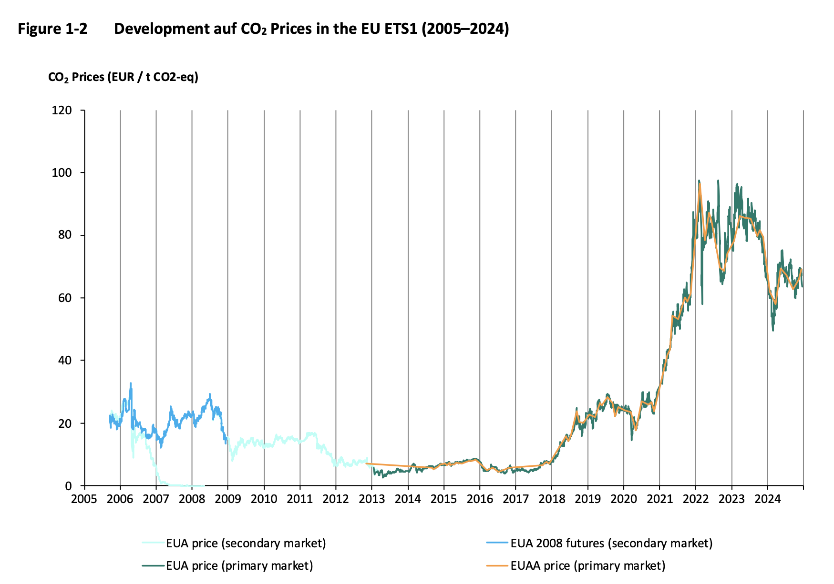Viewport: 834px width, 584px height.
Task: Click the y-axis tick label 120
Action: (x=62, y=111)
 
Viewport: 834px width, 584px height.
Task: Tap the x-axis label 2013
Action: (x=372, y=499)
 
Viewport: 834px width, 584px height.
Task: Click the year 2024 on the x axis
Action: (x=767, y=499)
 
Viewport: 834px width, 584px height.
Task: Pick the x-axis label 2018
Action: (x=551, y=499)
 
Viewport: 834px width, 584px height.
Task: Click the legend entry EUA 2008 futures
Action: (x=611, y=543)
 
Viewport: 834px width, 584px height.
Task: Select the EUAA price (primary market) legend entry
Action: (x=587, y=565)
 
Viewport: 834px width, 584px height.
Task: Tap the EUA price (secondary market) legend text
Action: (x=246, y=543)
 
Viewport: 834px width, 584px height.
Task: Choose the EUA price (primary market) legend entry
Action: (x=239, y=565)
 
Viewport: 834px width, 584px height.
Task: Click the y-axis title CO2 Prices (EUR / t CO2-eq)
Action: (x=123, y=77)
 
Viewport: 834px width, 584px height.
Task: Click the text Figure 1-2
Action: (x=53, y=29)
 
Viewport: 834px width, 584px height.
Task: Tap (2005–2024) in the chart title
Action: (x=465, y=29)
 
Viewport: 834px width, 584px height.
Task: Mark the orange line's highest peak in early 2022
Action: (x=700, y=184)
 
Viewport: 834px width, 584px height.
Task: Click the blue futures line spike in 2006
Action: (x=131, y=384)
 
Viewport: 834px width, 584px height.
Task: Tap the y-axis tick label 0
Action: (x=68, y=486)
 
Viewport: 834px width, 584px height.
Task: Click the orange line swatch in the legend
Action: (x=497, y=566)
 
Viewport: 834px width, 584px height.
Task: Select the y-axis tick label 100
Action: (x=62, y=173)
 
